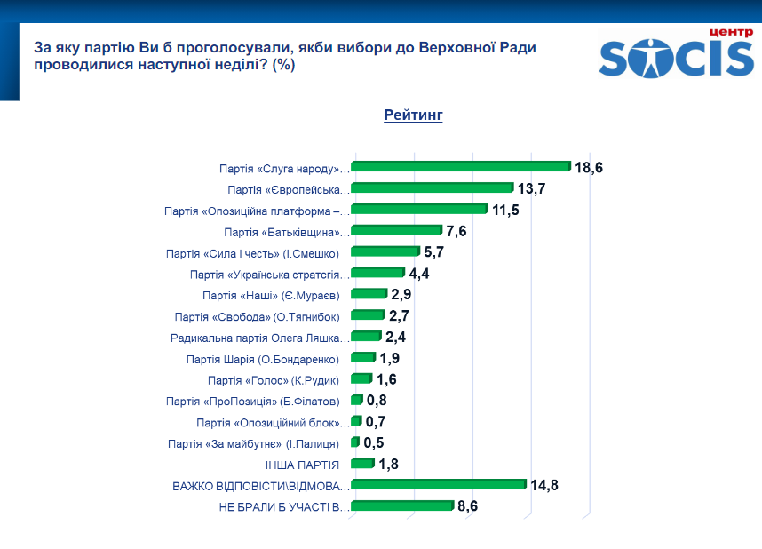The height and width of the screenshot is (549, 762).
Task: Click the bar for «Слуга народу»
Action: coord(461,166)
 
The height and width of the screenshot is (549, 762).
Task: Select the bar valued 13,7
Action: coord(433,187)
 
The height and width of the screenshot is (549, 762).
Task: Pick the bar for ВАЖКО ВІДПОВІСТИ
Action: coord(439,485)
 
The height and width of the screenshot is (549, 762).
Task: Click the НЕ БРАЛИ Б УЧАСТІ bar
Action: coord(401,506)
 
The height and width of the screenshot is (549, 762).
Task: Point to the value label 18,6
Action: coord(589,167)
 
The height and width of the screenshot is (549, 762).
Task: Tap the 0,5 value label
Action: coord(374,442)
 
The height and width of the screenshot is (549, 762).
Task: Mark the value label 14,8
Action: coord(544,485)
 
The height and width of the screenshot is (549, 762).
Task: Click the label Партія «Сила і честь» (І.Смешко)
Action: coord(253,253)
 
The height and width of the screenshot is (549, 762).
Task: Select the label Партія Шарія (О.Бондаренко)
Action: coord(264,359)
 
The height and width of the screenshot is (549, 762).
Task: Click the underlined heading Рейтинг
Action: coord(413,115)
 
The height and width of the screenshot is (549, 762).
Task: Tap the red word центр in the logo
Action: coord(731,31)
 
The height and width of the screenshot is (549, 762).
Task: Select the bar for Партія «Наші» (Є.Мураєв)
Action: coord(369,294)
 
